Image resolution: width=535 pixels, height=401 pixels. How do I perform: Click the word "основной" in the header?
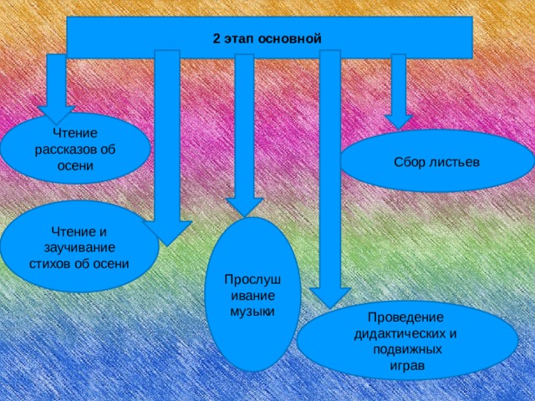click(x=290, y=38)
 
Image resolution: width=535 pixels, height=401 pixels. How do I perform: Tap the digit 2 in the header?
click(x=217, y=38)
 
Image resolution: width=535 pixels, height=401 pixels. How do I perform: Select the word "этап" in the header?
click(x=239, y=38)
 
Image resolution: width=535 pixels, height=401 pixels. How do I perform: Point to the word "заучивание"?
click(x=79, y=248)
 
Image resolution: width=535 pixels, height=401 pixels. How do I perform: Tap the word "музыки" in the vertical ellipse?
click(x=252, y=312)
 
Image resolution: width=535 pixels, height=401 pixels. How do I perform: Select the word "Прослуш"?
click(x=252, y=280)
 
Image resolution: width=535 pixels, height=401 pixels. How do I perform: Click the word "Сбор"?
click(x=405, y=162)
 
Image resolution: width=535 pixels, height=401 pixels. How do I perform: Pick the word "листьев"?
click(x=450, y=162)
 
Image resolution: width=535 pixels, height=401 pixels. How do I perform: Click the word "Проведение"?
click(x=405, y=317)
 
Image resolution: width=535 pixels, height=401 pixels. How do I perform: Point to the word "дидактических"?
click(x=398, y=334)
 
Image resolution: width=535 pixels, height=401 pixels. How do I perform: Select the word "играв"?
click(x=407, y=366)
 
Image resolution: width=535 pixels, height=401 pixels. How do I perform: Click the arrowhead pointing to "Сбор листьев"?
click(x=399, y=122)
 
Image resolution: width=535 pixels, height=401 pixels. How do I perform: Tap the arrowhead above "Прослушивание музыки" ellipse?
click(x=244, y=207)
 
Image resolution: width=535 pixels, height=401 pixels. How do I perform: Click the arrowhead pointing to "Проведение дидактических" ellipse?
click(x=330, y=298)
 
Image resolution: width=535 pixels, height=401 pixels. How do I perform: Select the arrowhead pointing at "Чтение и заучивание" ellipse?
click(x=167, y=233)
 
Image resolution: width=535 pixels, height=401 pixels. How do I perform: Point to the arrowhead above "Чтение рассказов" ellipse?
click(x=56, y=114)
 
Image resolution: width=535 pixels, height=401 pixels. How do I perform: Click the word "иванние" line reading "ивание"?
click(x=252, y=296)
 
